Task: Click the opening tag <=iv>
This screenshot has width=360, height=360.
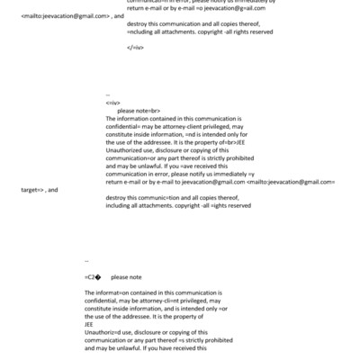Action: coord(112,102)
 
